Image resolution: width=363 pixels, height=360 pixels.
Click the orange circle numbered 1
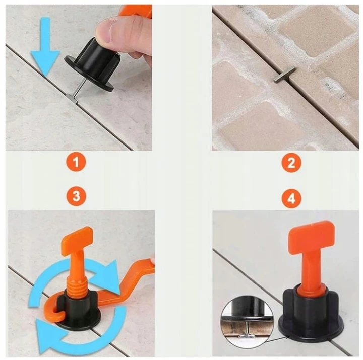pos(77,162)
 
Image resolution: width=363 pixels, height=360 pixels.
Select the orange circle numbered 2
pos(291,163)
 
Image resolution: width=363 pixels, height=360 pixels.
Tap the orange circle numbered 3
pos(77,196)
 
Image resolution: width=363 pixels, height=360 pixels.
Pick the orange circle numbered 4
pos(291,198)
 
